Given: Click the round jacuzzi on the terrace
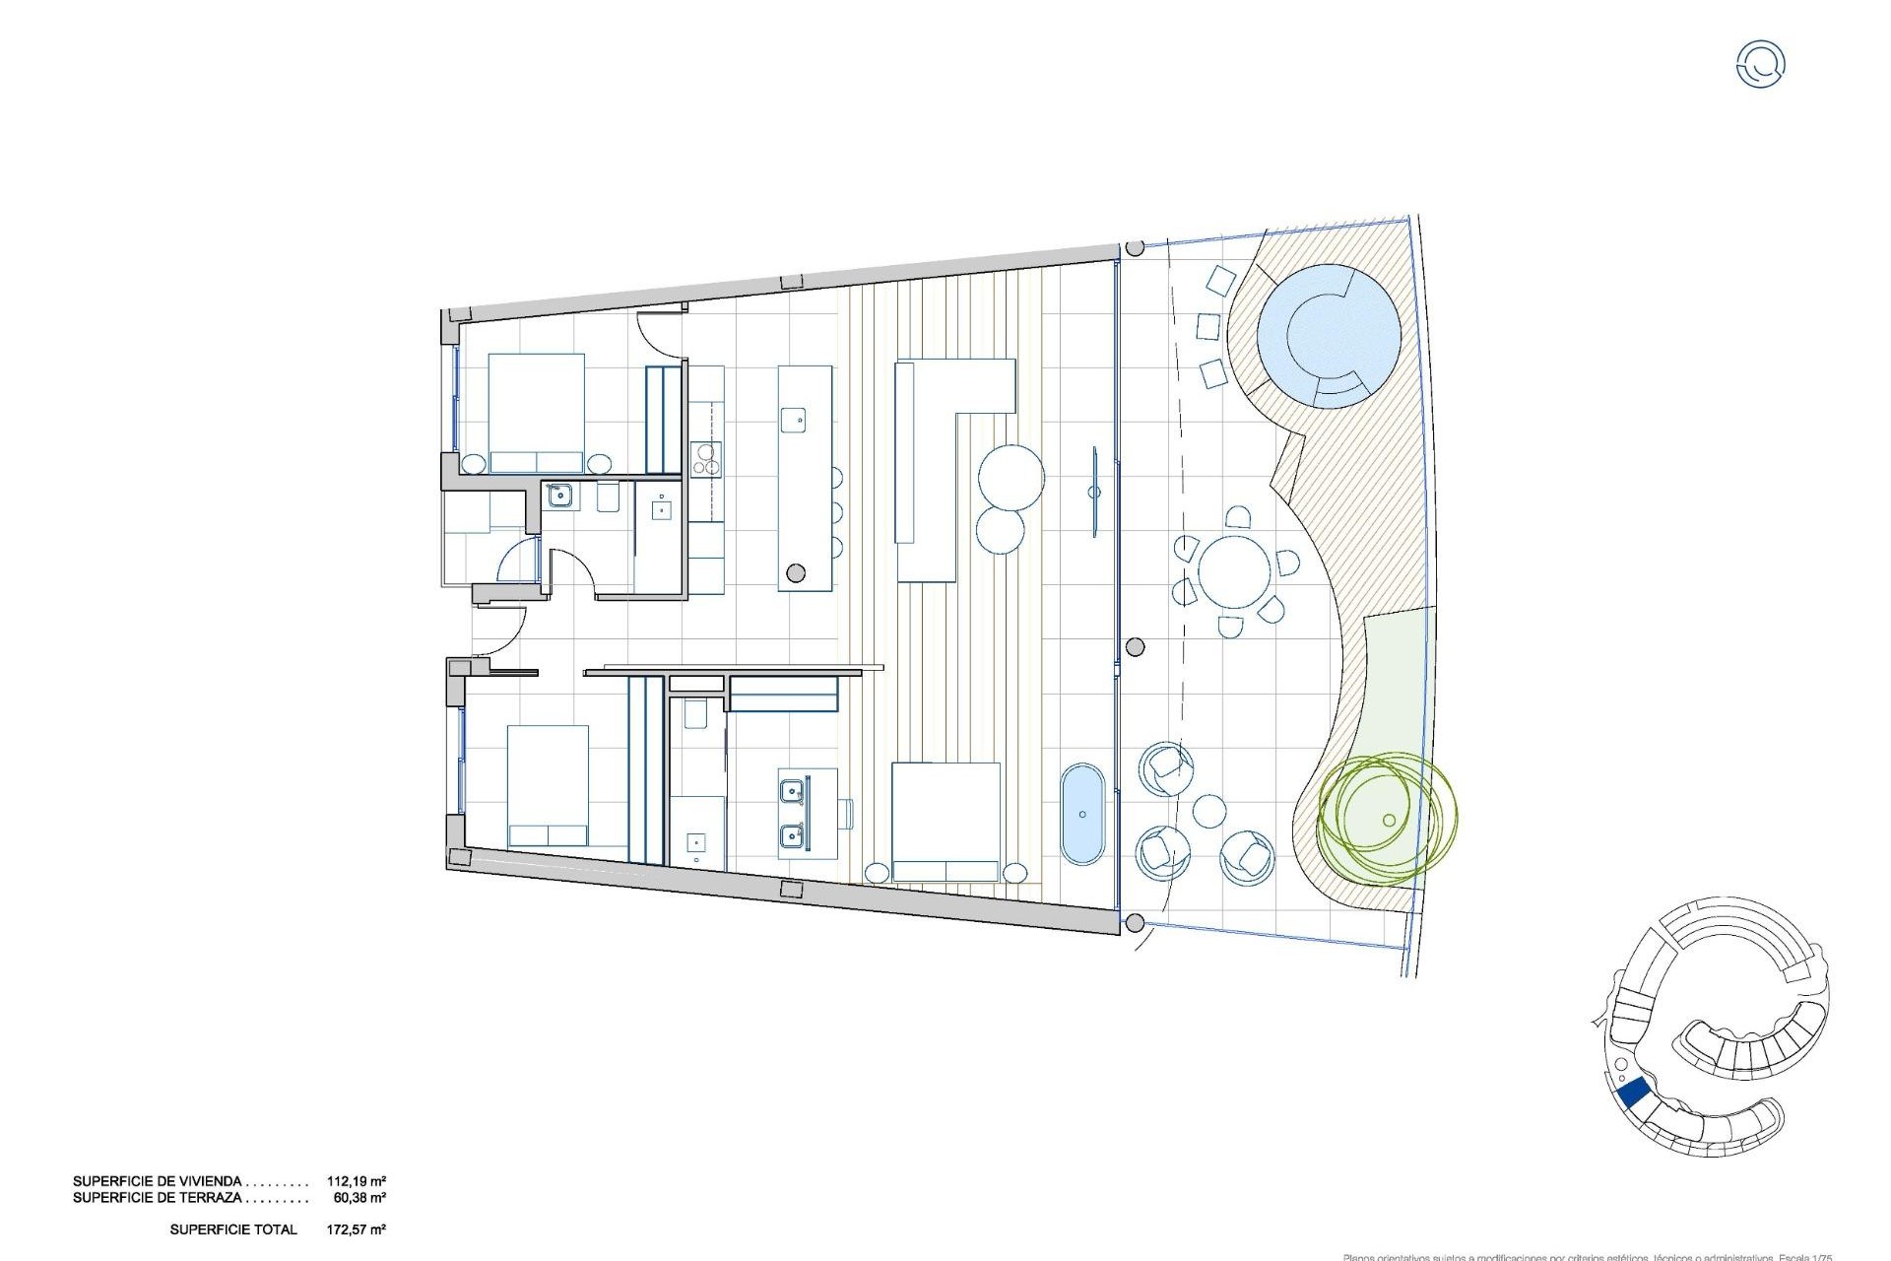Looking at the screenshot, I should point(1328,335).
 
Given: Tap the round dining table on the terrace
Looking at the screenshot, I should point(1234,572).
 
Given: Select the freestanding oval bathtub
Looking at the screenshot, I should point(1083,814).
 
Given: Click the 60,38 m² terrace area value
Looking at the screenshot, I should point(359,1199).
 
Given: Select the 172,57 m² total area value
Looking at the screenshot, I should point(356,1229).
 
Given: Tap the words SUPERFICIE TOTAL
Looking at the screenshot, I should point(232,1229).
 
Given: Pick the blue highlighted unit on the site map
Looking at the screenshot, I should point(1633,1094).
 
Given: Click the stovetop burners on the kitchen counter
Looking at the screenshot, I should point(706,458).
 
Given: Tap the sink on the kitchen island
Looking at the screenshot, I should point(793,420).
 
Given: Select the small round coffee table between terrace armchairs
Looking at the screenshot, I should point(1208,813).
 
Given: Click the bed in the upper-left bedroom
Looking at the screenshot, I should point(537,414).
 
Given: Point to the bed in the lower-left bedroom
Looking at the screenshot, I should point(549,786).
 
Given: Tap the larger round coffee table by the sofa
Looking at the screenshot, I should point(1011,477).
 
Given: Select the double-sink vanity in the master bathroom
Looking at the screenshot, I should point(807,813).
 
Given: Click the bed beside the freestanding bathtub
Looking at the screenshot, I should point(945,822).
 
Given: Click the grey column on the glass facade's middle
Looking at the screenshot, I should point(1135,647).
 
